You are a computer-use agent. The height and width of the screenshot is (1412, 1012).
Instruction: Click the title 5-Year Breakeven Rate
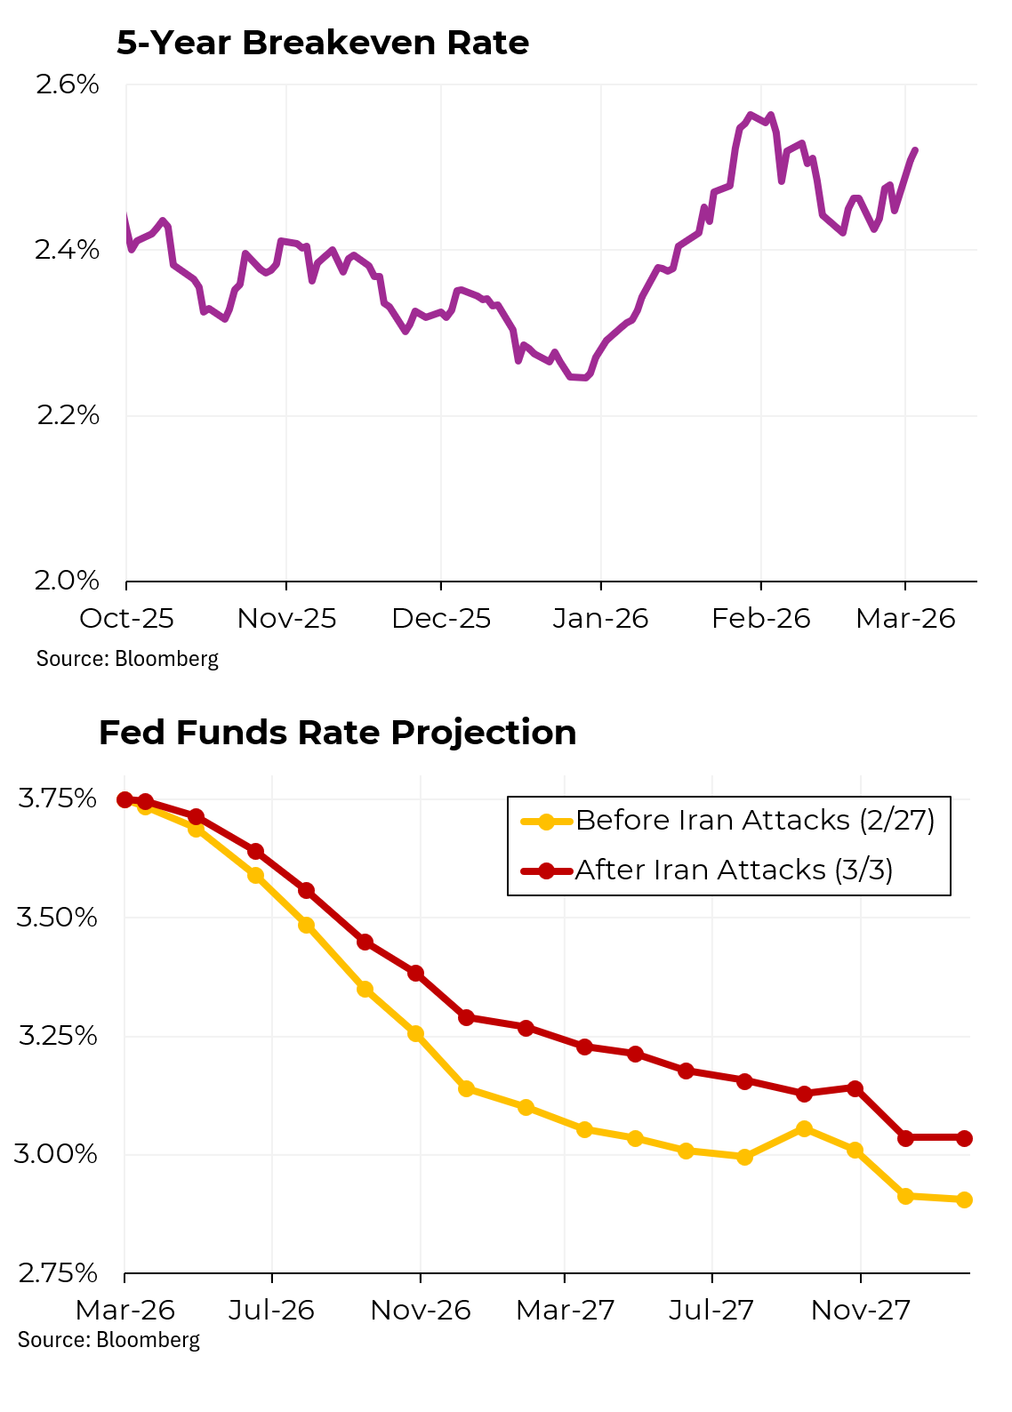click(323, 43)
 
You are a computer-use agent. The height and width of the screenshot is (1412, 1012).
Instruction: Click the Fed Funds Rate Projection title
click(337, 733)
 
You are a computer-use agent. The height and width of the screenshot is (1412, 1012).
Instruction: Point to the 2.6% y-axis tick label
click(67, 85)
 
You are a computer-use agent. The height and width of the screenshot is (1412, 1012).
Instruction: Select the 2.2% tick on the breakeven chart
click(68, 415)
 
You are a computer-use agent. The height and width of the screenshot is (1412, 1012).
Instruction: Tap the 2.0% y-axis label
click(67, 581)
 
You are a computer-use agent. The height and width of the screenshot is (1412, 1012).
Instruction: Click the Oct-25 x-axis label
click(126, 619)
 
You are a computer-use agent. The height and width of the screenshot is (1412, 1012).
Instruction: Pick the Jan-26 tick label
click(600, 619)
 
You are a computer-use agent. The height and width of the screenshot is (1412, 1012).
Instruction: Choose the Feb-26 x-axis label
click(761, 619)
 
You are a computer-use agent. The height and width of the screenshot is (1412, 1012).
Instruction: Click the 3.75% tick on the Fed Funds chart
click(57, 798)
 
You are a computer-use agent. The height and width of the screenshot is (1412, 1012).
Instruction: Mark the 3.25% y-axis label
click(57, 1036)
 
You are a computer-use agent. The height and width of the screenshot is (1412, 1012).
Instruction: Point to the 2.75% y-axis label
click(57, 1273)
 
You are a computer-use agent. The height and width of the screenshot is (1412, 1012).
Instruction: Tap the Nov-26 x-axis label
click(420, 1310)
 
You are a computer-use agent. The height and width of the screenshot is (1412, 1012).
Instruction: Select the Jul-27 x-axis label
click(711, 1310)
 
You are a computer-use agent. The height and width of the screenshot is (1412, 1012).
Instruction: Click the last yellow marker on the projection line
click(964, 1199)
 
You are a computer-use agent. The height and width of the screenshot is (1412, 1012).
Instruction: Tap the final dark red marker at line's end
click(964, 1138)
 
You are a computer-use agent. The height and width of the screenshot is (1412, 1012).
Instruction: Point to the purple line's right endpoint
click(915, 150)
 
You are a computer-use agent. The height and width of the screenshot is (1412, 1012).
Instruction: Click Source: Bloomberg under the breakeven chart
click(127, 659)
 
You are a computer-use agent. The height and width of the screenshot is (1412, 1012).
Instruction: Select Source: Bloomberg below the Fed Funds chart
click(108, 1340)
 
